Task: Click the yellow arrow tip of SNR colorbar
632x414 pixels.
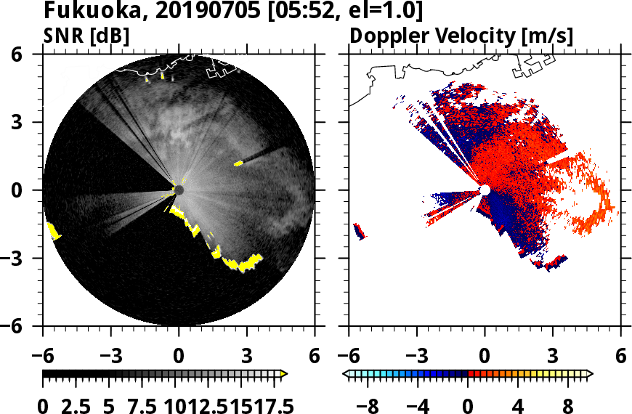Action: pyautogui.click(x=284, y=373)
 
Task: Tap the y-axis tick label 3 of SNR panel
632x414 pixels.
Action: pyautogui.click(x=33, y=122)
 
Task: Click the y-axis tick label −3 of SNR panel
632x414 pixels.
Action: pyautogui.click(x=28, y=258)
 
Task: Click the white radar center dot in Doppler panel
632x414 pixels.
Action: pyautogui.click(x=485, y=190)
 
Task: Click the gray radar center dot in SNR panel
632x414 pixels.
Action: pyautogui.click(x=179, y=190)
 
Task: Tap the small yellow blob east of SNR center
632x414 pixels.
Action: pyautogui.click(x=238, y=163)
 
